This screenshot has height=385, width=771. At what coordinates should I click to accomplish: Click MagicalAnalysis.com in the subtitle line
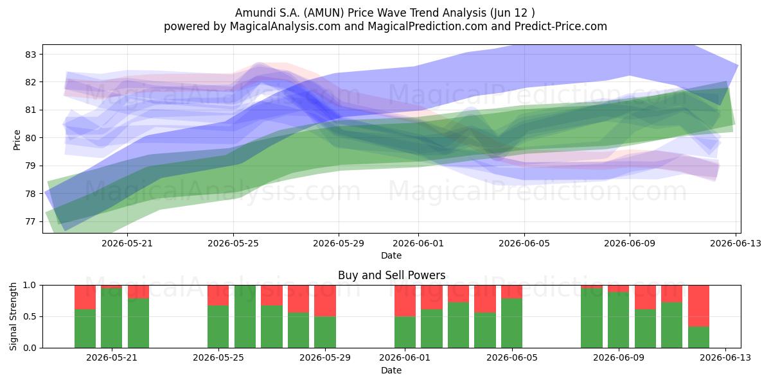(285, 26)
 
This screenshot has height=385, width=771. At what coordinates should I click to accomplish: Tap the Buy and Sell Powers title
(392, 275)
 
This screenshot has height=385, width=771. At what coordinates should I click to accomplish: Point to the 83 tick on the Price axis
(30, 55)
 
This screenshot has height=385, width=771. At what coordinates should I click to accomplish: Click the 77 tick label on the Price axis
(30, 222)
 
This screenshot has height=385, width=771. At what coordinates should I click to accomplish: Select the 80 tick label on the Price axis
(30, 138)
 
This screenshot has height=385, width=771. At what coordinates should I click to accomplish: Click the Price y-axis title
(17, 141)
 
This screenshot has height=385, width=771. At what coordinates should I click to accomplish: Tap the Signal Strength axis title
(13, 316)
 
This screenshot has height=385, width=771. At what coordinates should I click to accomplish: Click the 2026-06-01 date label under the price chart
(418, 243)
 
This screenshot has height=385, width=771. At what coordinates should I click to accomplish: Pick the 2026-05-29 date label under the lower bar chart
(325, 357)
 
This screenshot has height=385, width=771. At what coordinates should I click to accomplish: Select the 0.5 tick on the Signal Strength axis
(30, 316)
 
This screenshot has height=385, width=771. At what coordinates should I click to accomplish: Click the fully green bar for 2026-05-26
(245, 316)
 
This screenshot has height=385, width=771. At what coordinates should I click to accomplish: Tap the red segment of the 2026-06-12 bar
(699, 306)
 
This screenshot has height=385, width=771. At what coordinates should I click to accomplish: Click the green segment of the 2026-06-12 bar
(699, 338)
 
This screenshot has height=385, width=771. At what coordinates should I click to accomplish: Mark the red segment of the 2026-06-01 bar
(405, 301)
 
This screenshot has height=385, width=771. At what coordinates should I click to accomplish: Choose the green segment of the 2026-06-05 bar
(511, 323)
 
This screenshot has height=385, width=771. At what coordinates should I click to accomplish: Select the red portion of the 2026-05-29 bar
(325, 301)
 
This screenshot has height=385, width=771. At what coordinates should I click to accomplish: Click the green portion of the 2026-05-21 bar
(112, 318)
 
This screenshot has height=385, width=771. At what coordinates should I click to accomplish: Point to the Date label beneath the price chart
(391, 255)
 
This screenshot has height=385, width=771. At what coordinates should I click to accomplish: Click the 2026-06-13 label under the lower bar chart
(725, 357)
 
